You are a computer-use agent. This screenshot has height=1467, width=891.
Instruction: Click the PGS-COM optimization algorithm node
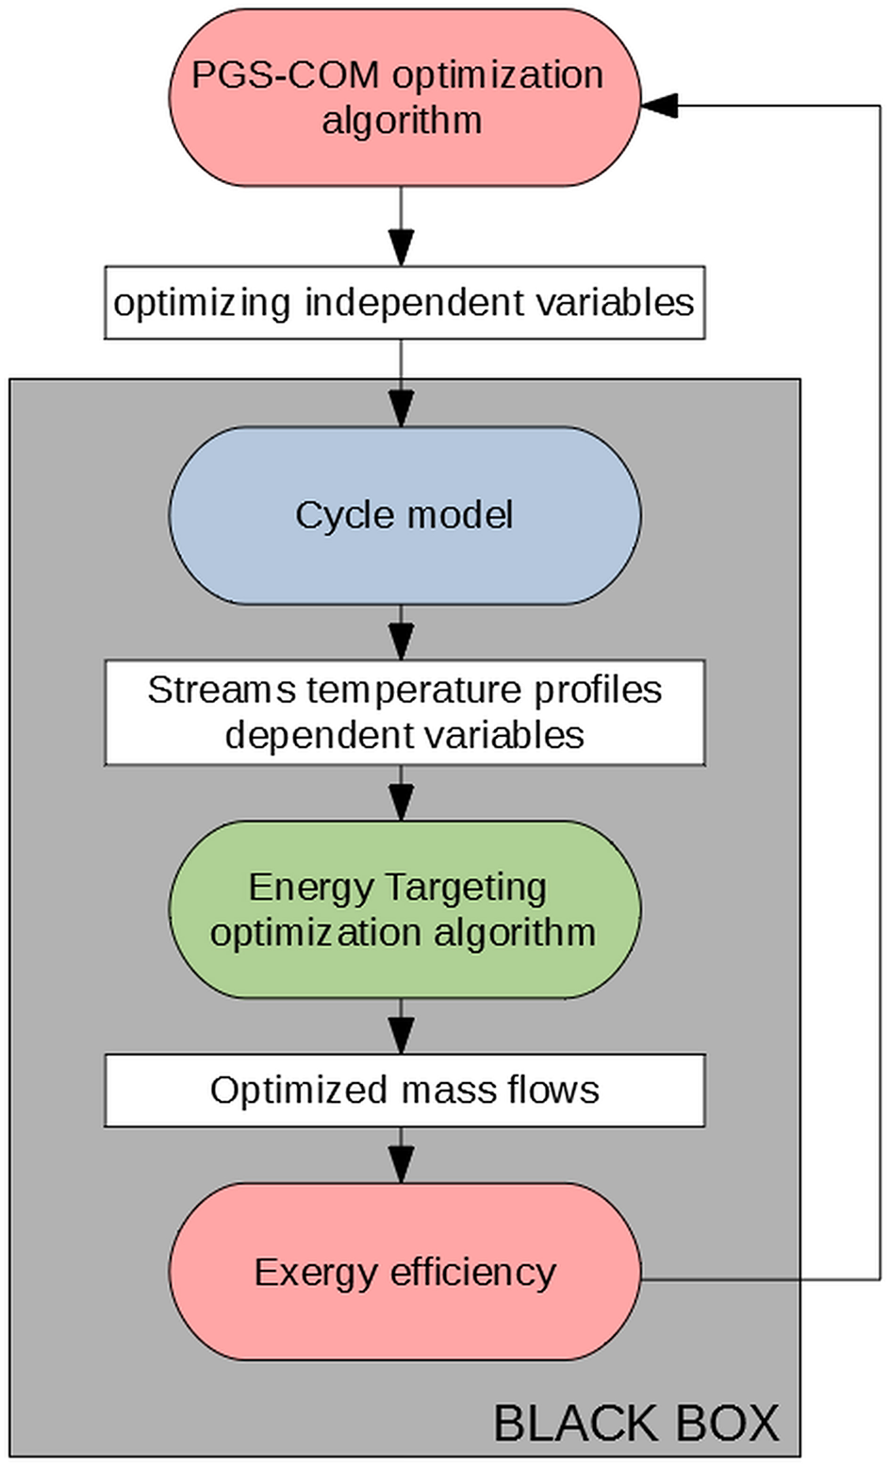coord(404,97)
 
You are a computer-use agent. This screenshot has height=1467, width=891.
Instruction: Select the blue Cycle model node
coord(404,515)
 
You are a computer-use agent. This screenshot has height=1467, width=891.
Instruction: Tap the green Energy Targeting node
coord(404,909)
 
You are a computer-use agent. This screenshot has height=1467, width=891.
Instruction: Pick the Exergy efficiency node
coord(404,1272)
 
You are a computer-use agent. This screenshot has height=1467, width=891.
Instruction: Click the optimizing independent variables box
coord(404,303)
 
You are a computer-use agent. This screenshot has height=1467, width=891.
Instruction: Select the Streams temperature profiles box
coord(404,712)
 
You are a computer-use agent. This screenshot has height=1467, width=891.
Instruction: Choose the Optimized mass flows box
coord(404,1090)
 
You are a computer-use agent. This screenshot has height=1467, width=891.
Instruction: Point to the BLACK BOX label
coord(636,1423)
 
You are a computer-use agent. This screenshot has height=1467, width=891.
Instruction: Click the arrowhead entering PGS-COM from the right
coord(660,106)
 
